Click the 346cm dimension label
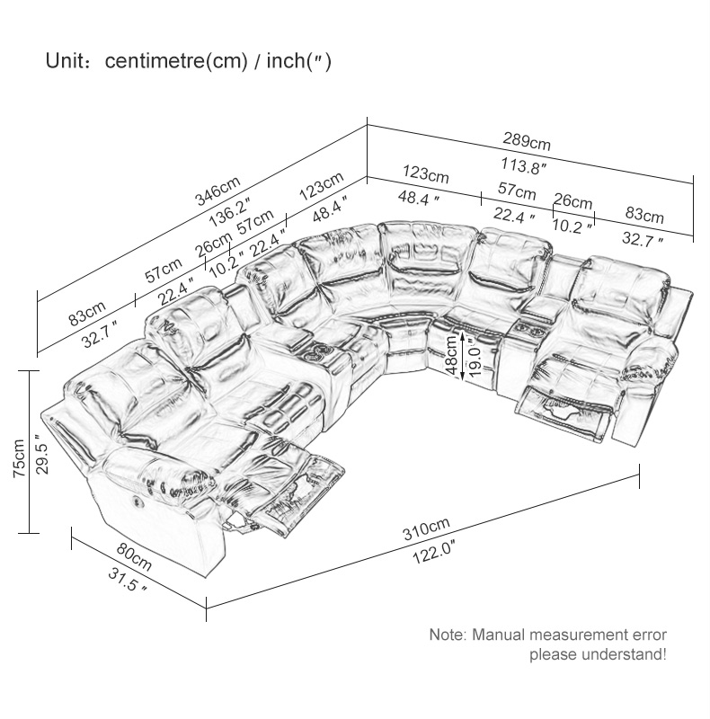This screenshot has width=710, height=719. [x=217, y=191]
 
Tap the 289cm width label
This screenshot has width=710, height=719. [x=527, y=141]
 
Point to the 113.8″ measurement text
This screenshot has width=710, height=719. [x=523, y=165]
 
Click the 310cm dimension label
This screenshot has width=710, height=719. [x=426, y=528]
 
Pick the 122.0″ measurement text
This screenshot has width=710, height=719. [x=434, y=552]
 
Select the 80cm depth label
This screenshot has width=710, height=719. [x=134, y=555]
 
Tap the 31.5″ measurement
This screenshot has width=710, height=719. [x=127, y=580]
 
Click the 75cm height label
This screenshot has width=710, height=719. [x=19, y=457]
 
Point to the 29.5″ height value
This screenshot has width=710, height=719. [x=41, y=455]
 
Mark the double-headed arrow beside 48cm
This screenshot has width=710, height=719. [x=463, y=357]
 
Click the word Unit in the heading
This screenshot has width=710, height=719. [x=63, y=61]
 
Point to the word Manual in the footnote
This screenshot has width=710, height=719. [x=499, y=635]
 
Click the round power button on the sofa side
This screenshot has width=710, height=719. [x=138, y=501]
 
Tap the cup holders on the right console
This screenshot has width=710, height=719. [x=525, y=328]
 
